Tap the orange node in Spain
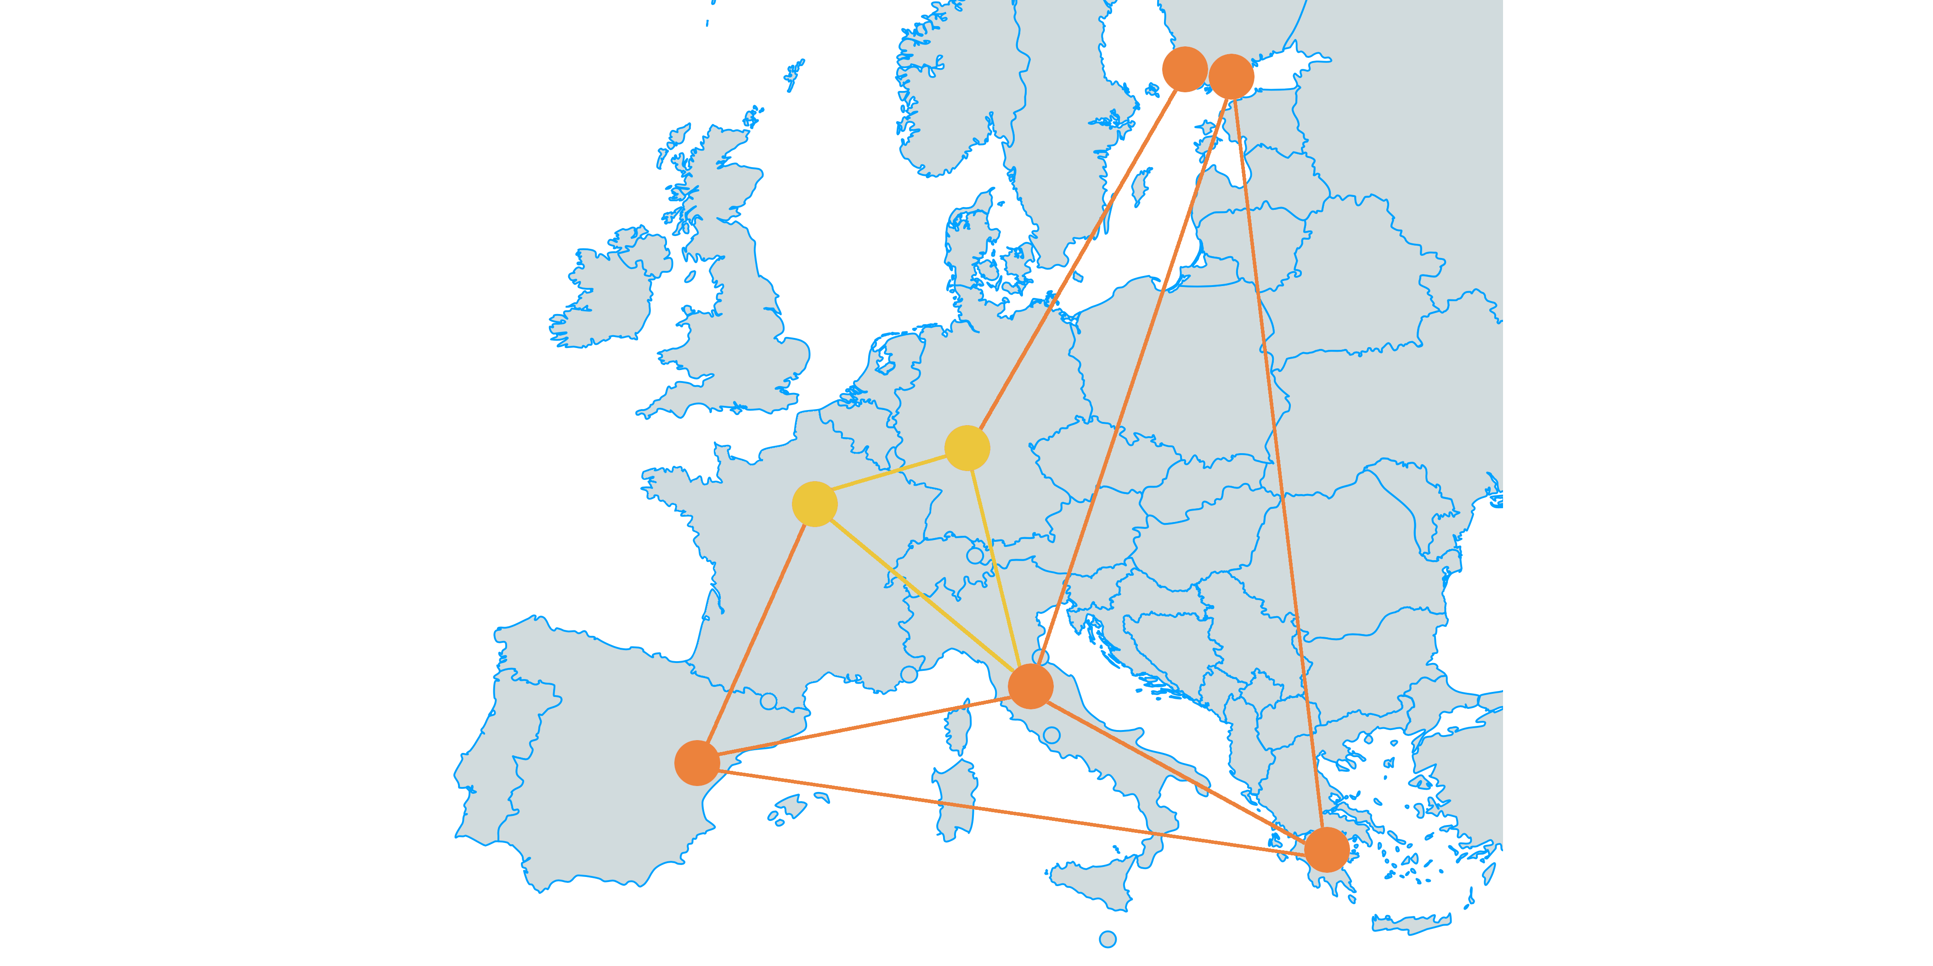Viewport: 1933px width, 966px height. (697, 763)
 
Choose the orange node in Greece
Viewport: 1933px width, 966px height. (1327, 850)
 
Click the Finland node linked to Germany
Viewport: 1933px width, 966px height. (1184, 69)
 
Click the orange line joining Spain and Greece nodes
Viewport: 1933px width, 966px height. (1013, 807)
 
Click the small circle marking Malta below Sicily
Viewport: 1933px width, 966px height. (1107, 939)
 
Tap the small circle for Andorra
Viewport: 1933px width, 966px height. (768, 701)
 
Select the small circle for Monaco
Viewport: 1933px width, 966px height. (909, 674)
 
